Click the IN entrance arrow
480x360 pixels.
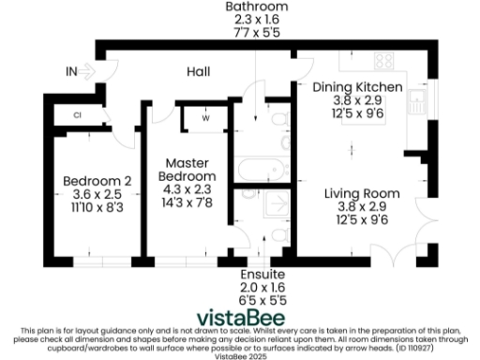tap(82, 70)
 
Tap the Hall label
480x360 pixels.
tap(199, 70)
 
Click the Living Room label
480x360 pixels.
tap(362, 193)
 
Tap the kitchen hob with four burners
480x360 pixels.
tap(383, 61)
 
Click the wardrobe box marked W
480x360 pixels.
tap(204, 118)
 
